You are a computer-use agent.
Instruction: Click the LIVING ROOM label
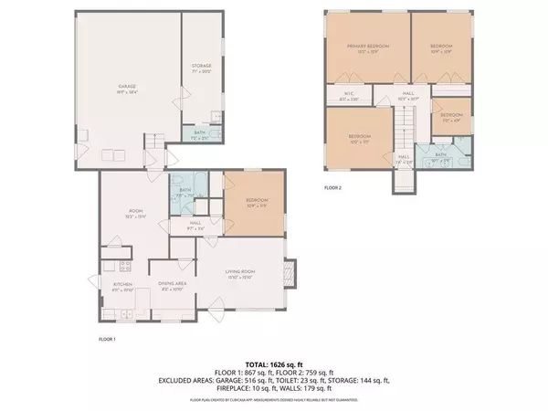coord(243,273)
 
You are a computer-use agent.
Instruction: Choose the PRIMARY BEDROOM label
coord(362,47)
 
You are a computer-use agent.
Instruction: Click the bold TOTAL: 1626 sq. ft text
coord(273,364)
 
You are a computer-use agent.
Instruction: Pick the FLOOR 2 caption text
coord(334,189)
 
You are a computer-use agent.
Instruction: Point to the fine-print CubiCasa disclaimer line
coord(273,399)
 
